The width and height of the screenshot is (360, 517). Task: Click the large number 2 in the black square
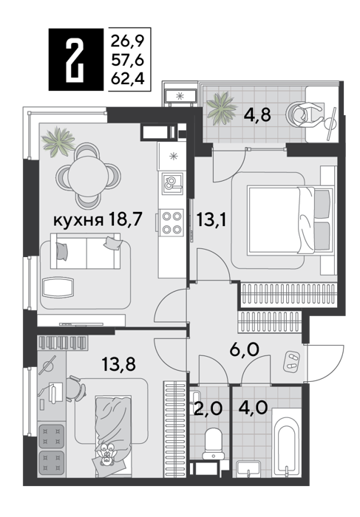[x=75, y=59]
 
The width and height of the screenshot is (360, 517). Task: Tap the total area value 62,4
[x=128, y=79]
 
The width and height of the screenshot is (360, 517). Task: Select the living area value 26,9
[x=128, y=41]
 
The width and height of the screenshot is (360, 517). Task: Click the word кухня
[x=78, y=220]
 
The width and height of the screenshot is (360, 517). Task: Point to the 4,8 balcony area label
[x=257, y=115]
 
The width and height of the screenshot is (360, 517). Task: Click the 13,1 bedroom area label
[x=211, y=219]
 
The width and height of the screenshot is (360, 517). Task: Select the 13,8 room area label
[x=119, y=364]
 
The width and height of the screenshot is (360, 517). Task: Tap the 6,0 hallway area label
[x=245, y=349]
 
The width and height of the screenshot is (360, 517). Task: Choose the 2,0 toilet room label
[x=207, y=408]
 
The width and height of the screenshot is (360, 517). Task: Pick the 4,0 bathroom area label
[x=252, y=408]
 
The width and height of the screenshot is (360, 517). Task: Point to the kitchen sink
[x=172, y=183]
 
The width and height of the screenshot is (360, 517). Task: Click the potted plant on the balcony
[x=222, y=108]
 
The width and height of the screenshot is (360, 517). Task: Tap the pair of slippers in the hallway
[x=291, y=360]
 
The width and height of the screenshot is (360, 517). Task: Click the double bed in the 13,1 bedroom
[x=290, y=221]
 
